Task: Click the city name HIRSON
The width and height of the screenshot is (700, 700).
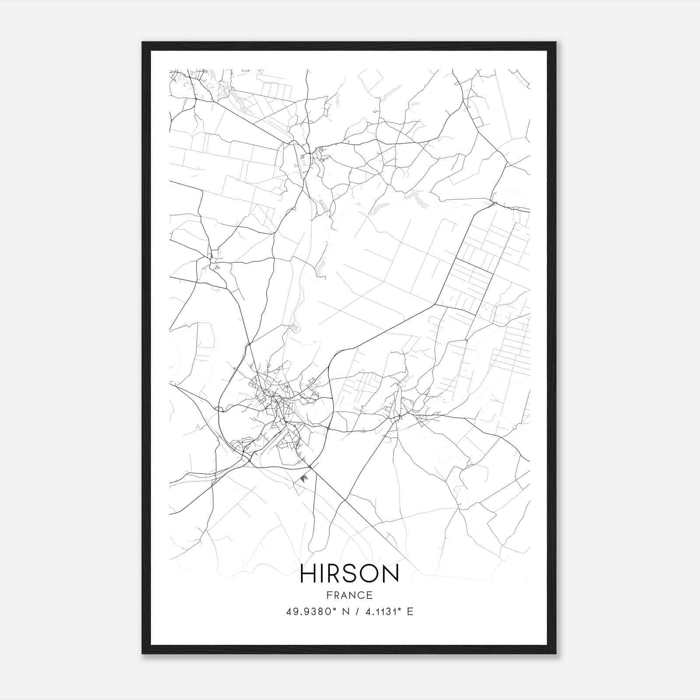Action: [349, 573]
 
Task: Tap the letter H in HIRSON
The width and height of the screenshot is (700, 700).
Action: [309, 573]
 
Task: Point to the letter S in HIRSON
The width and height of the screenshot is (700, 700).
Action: [348, 573]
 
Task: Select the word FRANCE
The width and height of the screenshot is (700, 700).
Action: [349, 595]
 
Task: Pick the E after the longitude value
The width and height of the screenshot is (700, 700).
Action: [410, 612]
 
